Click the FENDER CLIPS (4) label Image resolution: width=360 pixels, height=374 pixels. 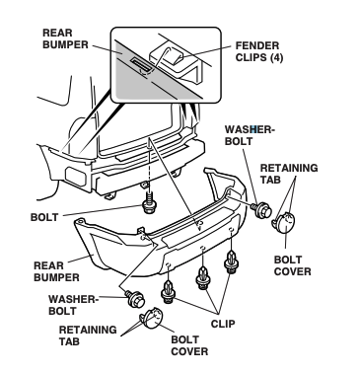coord(259,51)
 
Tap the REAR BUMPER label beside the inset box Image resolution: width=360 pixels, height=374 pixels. coord(65,38)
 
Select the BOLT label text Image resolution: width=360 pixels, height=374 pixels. coord(44,217)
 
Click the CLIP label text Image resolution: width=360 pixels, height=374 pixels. coord(223,324)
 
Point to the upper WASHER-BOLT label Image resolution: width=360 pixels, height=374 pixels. coord(250,135)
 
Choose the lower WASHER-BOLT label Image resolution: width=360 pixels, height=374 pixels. coord(73,305)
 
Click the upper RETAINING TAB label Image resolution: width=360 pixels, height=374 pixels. coord(289,174)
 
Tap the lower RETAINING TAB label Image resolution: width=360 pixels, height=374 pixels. coord(88,336)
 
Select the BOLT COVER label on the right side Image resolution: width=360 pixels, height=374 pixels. coord(292,265)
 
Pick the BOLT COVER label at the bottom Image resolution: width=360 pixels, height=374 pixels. coord(189,345)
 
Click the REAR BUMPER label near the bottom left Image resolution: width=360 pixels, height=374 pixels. coord(56,271)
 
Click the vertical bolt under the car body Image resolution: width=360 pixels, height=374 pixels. coord(149,202)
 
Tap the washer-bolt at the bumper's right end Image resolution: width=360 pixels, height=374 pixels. coord(261,210)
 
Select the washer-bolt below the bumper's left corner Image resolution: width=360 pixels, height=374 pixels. coord(135,299)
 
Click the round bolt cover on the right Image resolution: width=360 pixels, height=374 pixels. coord(284,223)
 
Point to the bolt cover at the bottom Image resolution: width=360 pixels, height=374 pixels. coord(152,318)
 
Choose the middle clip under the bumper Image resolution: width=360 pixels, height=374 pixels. coord(203,278)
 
